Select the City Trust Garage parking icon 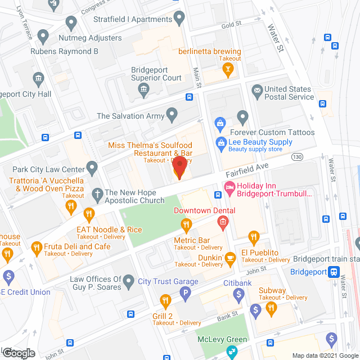click(184, 292)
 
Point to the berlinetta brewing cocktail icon click(228, 70)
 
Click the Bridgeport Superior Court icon click(145, 89)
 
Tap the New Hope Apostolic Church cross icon click(97, 193)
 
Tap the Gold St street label click(231, 25)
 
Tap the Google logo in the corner click(18, 353)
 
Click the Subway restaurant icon click(272, 308)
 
